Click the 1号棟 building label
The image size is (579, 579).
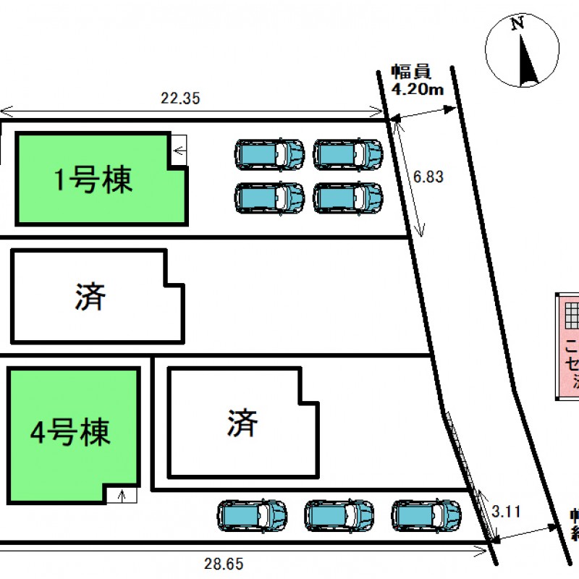[x=94, y=179]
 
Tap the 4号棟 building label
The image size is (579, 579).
[x=70, y=433]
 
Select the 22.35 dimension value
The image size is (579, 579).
[x=179, y=100]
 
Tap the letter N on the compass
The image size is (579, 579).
[x=517, y=24]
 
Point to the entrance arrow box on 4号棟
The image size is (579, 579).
[x=122, y=496]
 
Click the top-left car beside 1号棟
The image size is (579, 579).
[x=269, y=154]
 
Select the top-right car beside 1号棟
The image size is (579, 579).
[x=348, y=154]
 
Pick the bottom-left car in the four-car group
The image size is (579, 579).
[x=269, y=198]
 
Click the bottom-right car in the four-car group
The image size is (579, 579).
[x=348, y=198]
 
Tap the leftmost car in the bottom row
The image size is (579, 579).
[x=252, y=515]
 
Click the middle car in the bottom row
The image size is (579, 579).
[x=339, y=515]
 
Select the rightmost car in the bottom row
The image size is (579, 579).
[x=426, y=515]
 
